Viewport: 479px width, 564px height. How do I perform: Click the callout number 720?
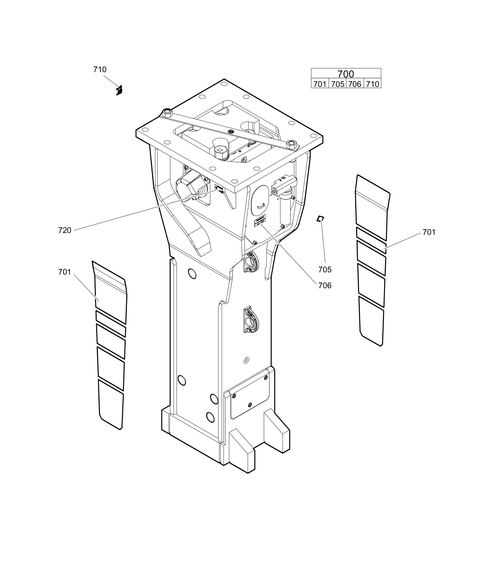65,230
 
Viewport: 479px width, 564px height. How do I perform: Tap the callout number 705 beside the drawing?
325,269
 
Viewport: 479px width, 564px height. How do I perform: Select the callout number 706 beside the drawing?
325,285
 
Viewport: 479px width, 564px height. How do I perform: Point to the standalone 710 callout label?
100,70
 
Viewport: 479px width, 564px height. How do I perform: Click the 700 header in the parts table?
346,74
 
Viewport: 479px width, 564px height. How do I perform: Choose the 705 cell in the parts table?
337,84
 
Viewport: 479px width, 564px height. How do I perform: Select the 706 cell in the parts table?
355,84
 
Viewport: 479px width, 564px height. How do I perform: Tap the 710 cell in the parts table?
372,84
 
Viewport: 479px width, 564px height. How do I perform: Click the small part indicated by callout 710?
119,91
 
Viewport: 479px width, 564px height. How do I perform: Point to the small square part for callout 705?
320,218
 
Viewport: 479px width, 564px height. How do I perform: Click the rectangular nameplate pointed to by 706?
260,221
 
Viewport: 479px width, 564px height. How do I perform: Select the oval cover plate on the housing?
260,200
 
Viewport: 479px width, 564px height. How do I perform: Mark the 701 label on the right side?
429,232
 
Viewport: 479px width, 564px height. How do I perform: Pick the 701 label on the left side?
65,272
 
